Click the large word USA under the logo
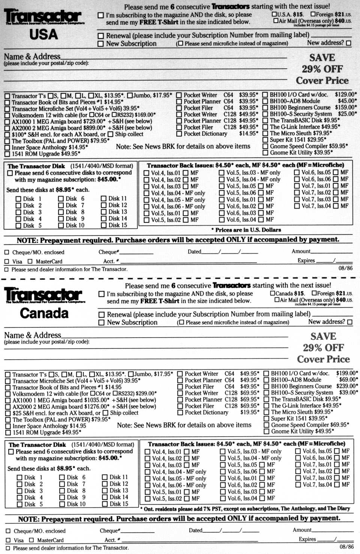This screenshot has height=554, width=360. (x=43, y=35)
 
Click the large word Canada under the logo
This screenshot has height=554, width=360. (x=44, y=313)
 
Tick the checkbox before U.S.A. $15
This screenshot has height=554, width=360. (x=274, y=15)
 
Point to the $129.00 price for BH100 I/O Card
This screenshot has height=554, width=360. (x=345, y=95)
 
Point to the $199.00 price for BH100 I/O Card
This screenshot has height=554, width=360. (x=346, y=373)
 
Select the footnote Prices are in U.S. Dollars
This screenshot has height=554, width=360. (x=246, y=230)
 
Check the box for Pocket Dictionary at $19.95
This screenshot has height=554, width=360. (x=180, y=413)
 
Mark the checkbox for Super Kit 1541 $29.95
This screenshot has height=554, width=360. (x=265, y=140)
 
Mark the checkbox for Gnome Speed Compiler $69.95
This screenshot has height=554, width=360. (x=266, y=425)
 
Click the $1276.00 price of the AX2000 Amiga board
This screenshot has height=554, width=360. (x=96, y=406)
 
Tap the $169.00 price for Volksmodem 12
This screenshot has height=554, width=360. (x=145, y=115)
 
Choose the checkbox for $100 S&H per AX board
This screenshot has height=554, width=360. (x=7, y=135)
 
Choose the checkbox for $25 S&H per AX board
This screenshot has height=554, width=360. (x=8, y=413)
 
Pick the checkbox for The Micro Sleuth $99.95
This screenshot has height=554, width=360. (x=266, y=412)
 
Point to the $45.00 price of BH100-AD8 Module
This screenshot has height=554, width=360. (x=347, y=101)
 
